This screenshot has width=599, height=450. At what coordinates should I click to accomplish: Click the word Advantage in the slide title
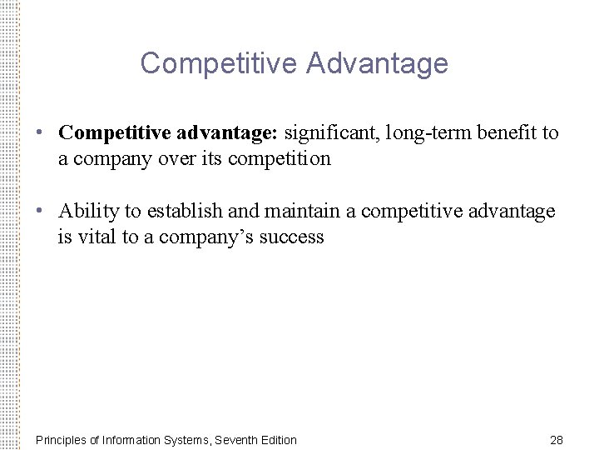click(x=384, y=63)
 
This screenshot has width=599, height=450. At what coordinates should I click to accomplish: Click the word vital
click(x=96, y=237)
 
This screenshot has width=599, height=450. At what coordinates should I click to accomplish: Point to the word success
click(x=291, y=237)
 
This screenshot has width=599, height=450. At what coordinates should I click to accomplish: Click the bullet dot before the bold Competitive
click(x=40, y=133)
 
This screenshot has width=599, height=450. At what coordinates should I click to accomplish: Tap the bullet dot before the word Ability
click(x=40, y=212)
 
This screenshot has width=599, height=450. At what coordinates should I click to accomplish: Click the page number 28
click(x=557, y=439)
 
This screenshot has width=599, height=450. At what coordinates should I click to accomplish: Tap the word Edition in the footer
click(x=277, y=439)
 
